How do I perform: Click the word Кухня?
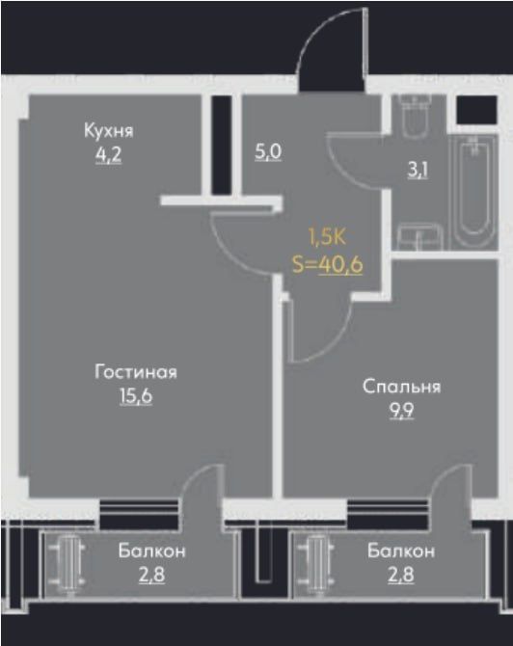[108, 131]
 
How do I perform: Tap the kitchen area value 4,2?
[108, 152]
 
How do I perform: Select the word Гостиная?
[136, 371]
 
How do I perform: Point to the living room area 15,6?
[136, 393]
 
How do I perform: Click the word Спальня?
[401, 387]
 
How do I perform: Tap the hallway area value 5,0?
[268, 152]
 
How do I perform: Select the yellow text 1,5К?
[327, 235]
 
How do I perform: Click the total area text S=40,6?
[327, 264]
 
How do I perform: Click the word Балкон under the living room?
[152, 552]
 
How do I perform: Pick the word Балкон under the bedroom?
[400, 552]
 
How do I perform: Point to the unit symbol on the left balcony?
[72, 563]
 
